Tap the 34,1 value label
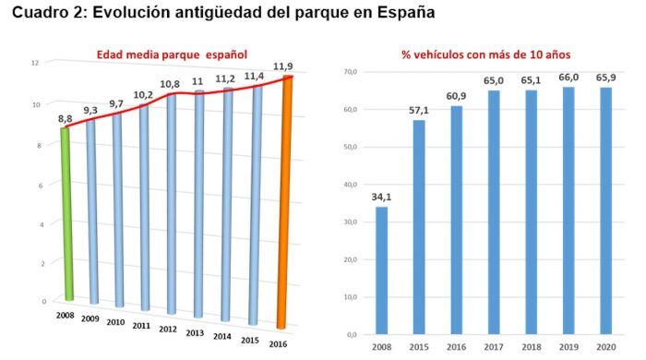(x=381, y=196)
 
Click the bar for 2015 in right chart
(x=420, y=226)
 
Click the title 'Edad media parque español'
(x=172, y=54)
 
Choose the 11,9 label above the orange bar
(x=284, y=66)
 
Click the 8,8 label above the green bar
(x=66, y=118)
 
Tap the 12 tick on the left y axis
(x=34, y=63)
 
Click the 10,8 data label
(x=171, y=84)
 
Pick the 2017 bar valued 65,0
(x=494, y=211)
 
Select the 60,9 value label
(x=457, y=96)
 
